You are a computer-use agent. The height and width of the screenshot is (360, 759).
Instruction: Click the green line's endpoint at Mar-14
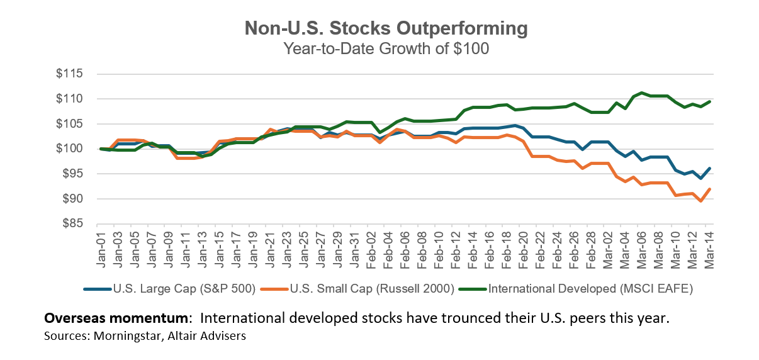[709, 101]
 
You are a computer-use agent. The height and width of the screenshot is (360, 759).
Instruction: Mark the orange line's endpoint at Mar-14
[709, 189]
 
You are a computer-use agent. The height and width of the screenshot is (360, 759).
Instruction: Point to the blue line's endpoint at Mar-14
[709, 168]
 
